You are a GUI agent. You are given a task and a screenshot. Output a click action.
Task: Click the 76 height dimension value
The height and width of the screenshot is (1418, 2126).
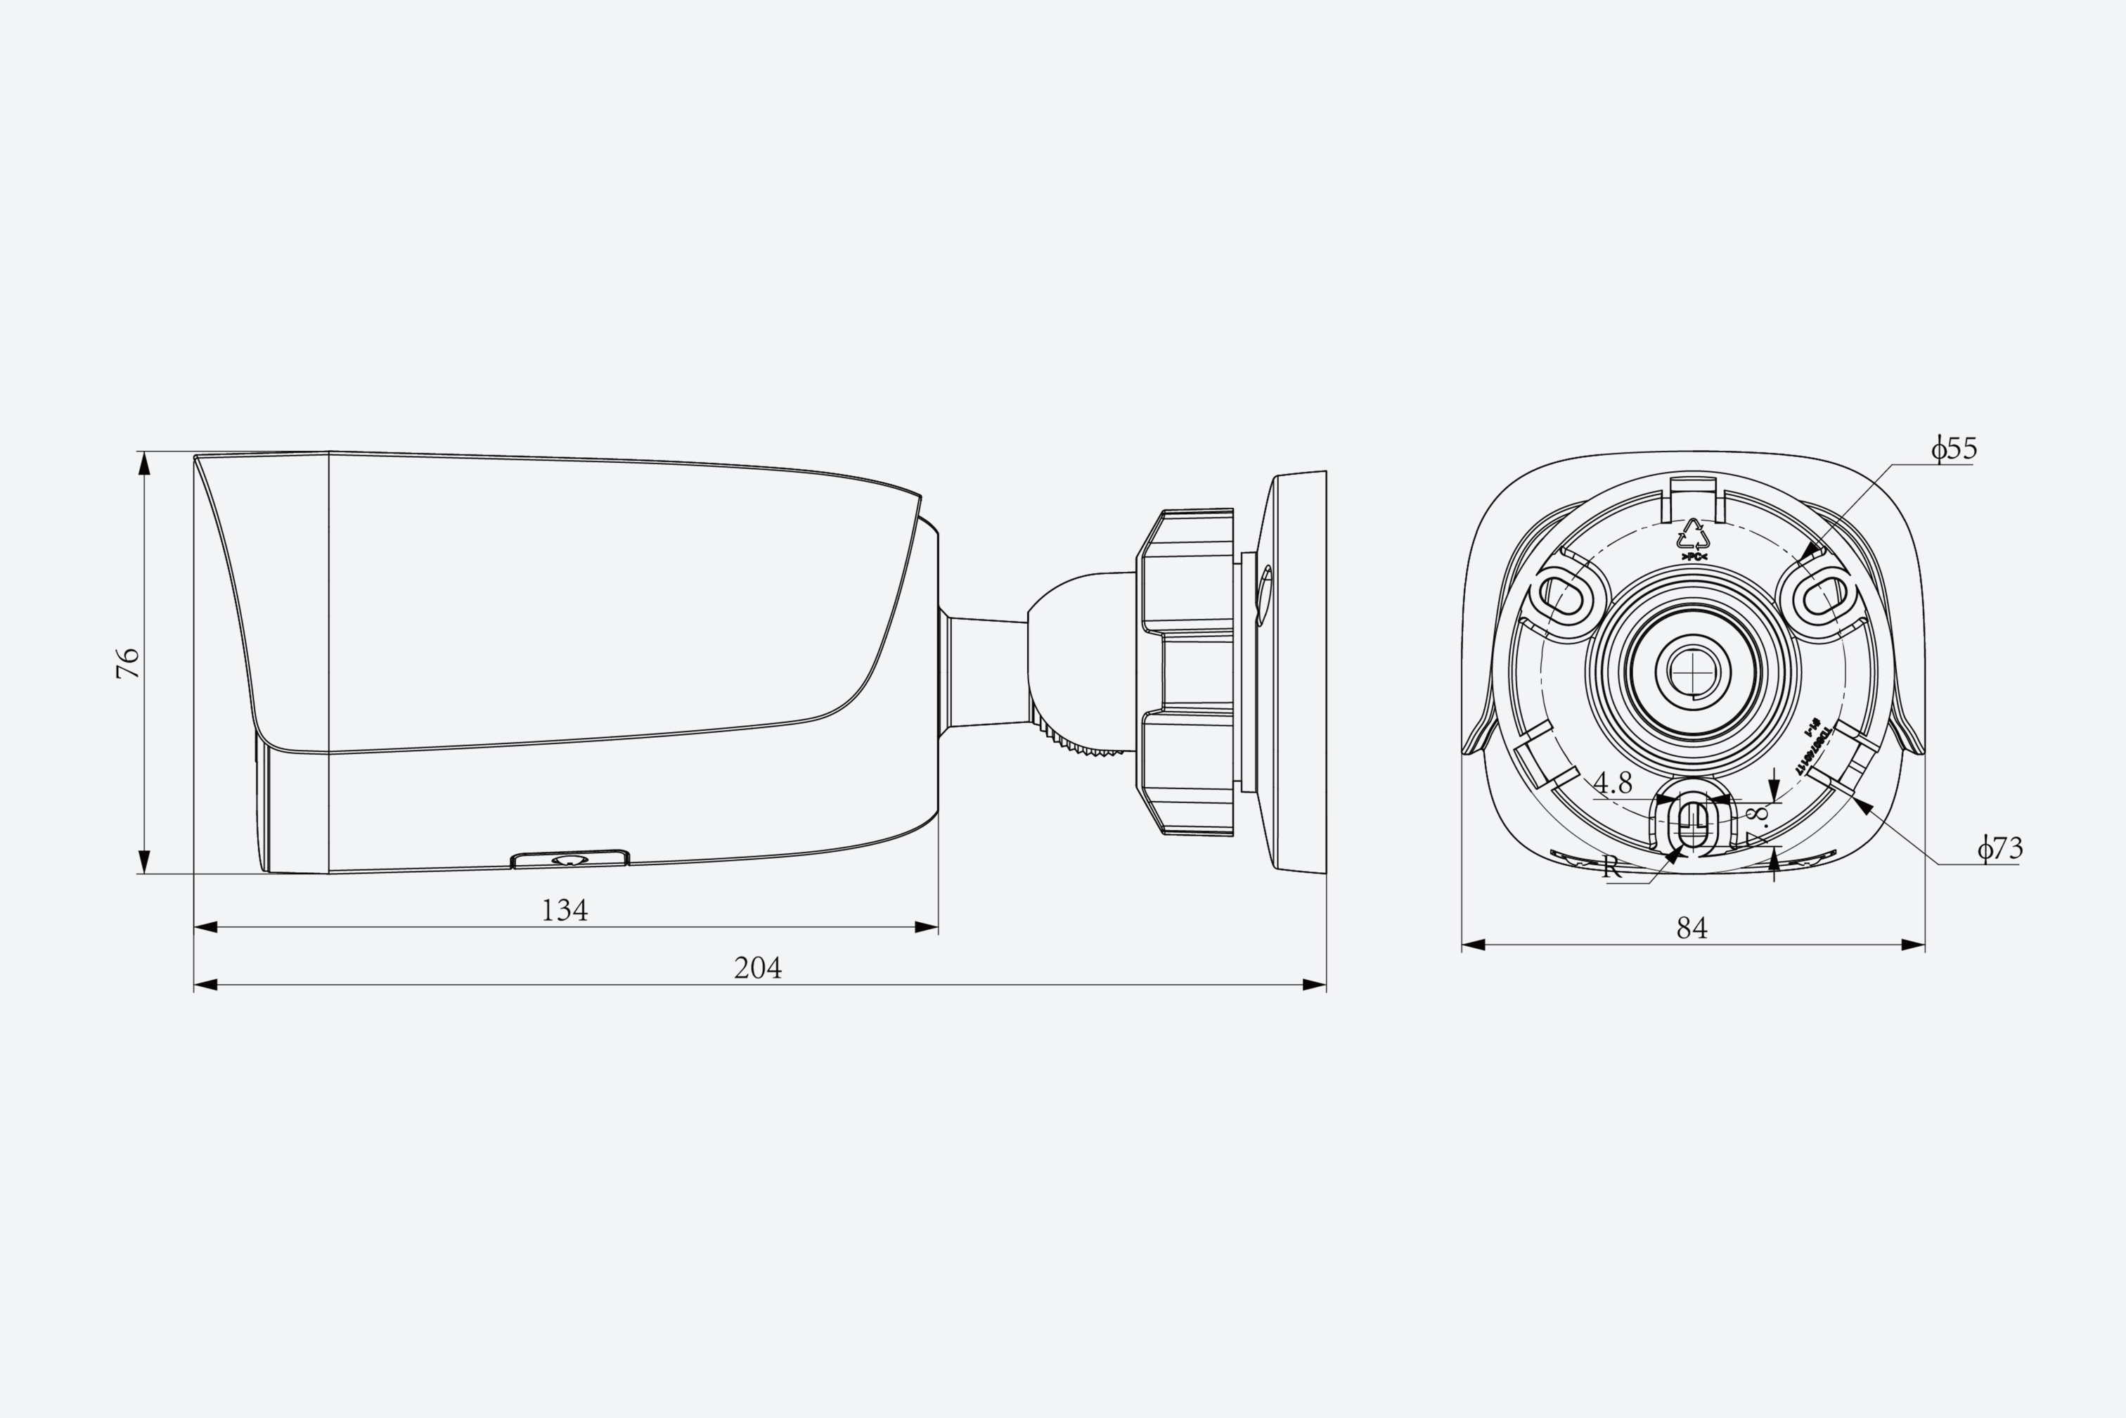pyautogui.click(x=129, y=663)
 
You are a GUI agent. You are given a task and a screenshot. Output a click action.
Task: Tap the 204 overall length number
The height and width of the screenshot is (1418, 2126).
pyautogui.click(x=757, y=969)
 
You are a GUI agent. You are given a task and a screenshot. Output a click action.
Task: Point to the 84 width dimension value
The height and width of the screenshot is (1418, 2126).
pyautogui.click(x=1692, y=928)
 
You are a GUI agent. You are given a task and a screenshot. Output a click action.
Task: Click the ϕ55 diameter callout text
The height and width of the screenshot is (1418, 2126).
pyautogui.click(x=1954, y=449)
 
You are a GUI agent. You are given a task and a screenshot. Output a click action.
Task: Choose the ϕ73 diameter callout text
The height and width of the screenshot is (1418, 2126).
pyautogui.click(x=1999, y=848)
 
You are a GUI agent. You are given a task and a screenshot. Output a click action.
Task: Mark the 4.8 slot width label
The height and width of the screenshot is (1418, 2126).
pyautogui.click(x=1613, y=782)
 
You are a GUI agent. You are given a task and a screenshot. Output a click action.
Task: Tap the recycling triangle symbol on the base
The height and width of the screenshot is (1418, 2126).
pyautogui.click(x=1693, y=535)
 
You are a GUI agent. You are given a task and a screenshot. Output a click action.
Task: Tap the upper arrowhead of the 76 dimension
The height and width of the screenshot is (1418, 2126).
pyautogui.click(x=143, y=463)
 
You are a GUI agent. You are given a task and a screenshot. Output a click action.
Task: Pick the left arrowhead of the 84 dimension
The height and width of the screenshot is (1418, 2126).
pyautogui.click(x=1474, y=945)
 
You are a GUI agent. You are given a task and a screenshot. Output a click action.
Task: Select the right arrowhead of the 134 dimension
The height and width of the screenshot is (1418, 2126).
pyautogui.click(x=927, y=927)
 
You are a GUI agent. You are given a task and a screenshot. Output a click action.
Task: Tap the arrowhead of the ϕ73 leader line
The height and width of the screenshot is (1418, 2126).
pyautogui.click(x=1862, y=806)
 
